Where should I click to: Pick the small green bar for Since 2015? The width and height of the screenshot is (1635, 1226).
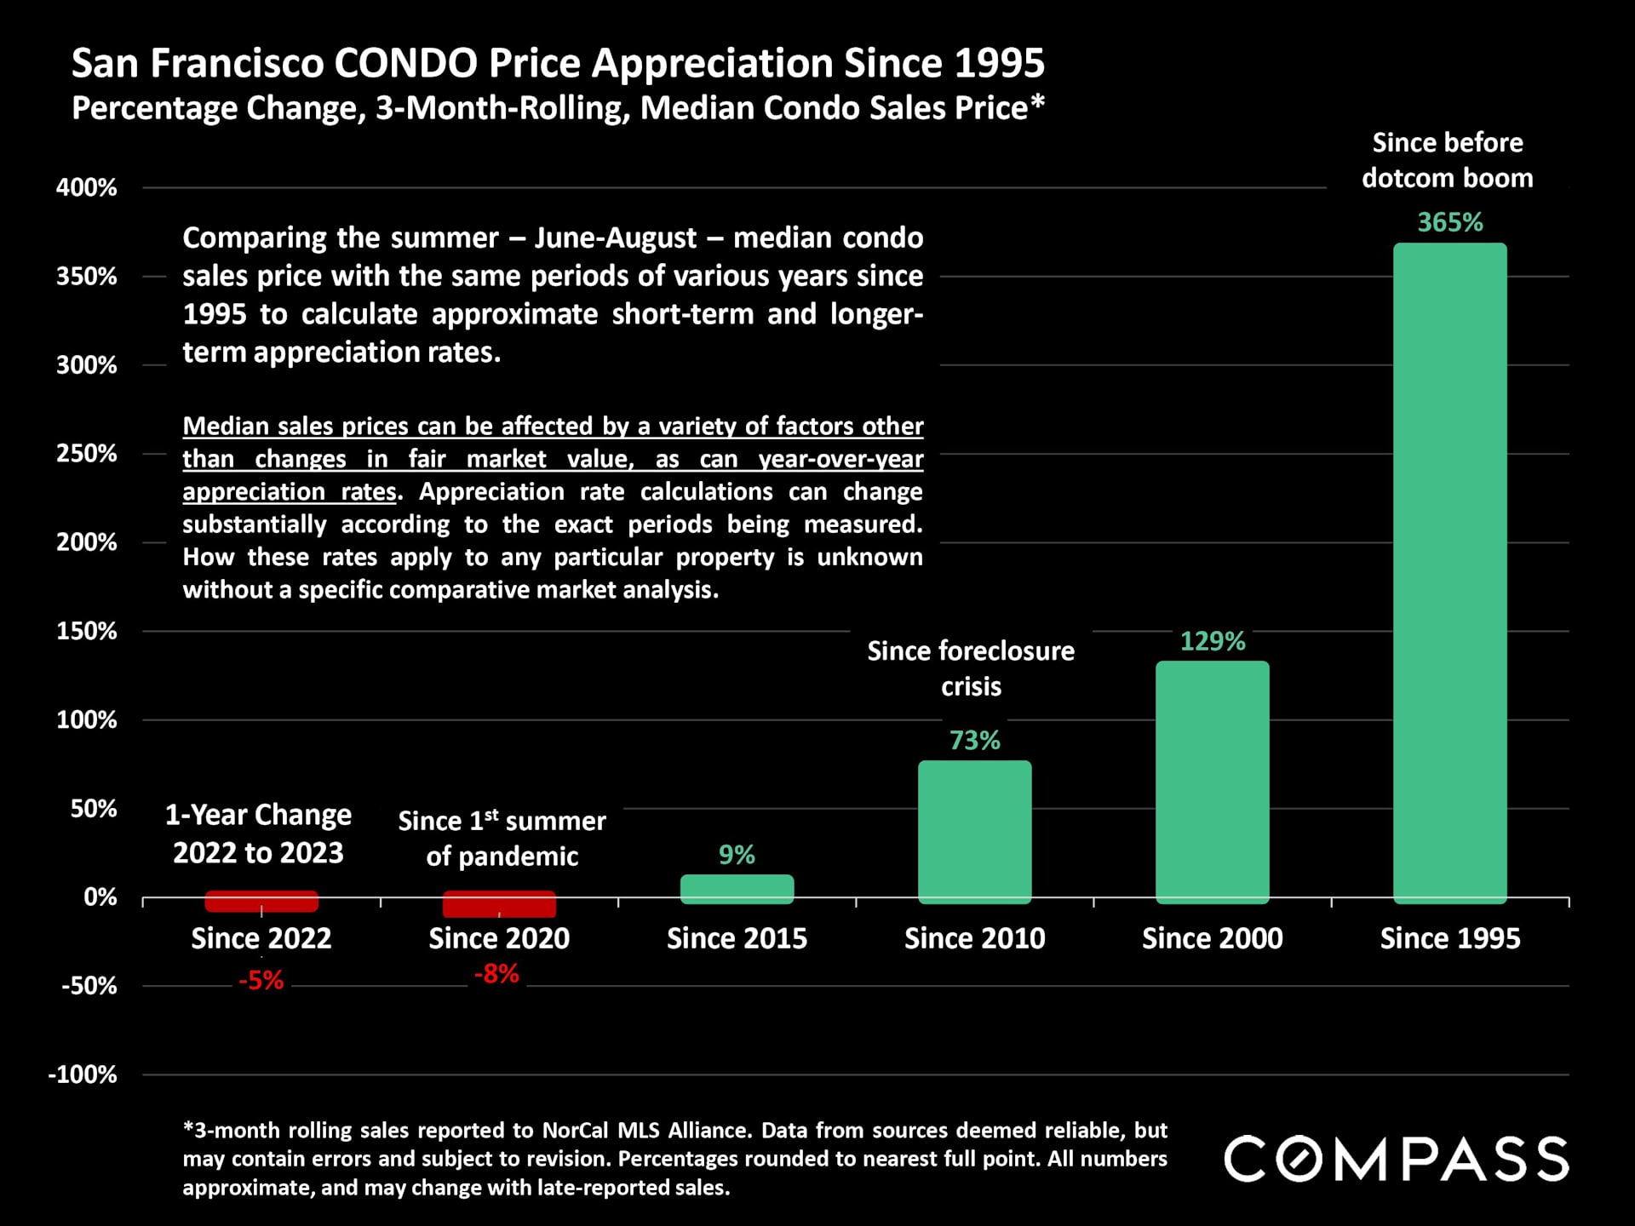pyautogui.click(x=737, y=888)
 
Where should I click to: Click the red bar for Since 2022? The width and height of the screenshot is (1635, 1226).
pyautogui.click(x=261, y=901)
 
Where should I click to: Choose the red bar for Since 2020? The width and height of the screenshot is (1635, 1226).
pyautogui.click(x=499, y=903)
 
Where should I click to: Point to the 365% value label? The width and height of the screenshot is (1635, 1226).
pyautogui.click(x=1449, y=222)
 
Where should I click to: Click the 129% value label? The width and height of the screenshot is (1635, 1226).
pyautogui.click(x=1212, y=641)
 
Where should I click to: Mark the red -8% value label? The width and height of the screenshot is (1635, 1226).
pyautogui.click(x=496, y=973)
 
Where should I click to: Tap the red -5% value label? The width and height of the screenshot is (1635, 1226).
pyautogui.click(x=261, y=981)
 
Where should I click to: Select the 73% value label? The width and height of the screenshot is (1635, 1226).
pyautogui.click(x=974, y=740)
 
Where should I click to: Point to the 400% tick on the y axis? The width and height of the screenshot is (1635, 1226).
pyautogui.click(x=87, y=187)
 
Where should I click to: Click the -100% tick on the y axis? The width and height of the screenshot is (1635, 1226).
pyautogui.click(x=83, y=1074)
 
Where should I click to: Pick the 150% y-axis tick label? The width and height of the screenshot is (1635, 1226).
pyautogui.click(x=87, y=631)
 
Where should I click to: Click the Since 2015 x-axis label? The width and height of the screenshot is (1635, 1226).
pyautogui.click(x=737, y=938)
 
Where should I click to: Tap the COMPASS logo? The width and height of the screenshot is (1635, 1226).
pyautogui.click(x=1396, y=1159)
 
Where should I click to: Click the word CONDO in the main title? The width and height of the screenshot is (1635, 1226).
pyautogui.click(x=405, y=63)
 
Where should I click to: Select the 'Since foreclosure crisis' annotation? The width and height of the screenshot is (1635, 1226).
pyautogui.click(x=971, y=668)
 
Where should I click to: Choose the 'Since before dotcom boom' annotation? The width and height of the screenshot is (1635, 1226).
pyautogui.click(x=1447, y=160)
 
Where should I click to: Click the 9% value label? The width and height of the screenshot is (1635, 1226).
pyautogui.click(x=737, y=855)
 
